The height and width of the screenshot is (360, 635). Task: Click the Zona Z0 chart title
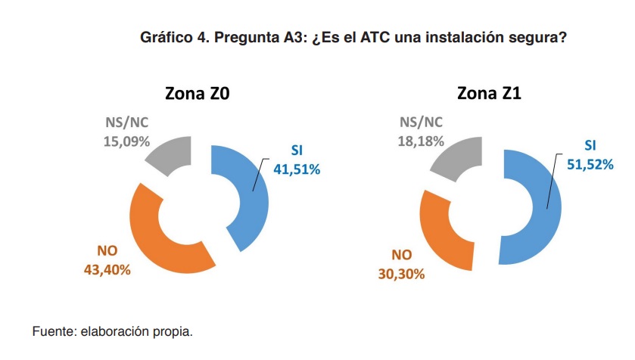click(198, 95)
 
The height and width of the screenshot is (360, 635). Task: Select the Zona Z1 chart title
click(489, 95)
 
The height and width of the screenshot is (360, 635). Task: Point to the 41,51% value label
click(297, 169)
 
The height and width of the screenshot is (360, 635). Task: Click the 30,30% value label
click(401, 274)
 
